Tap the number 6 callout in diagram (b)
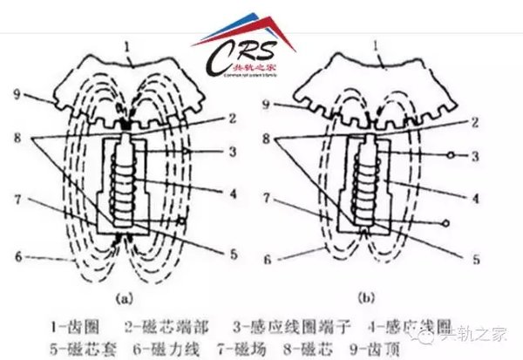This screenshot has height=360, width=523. click(274, 259)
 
